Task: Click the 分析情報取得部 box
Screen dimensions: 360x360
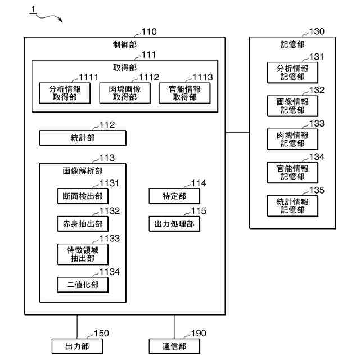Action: pyautogui.click(x=65, y=93)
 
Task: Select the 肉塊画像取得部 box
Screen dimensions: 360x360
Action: pyautogui.click(x=124, y=93)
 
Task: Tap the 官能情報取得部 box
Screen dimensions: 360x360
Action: pyautogui.click(x=184, y=93)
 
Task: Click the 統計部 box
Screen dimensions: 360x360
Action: pyautogui.click(x=83, y=137)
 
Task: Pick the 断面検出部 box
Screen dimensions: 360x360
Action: pyautogui.click(x=83, y=196)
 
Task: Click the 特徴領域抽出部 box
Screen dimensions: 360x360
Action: pyautogui.click(x=83, y=254)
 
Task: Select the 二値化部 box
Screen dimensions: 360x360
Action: pyautogui.click(x=83, y=285)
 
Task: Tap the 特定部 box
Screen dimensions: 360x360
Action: pyautogui.click(x=174, y=196)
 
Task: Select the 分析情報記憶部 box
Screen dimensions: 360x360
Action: pyautogui.click(x=292, y=73)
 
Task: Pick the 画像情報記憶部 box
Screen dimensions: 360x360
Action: pyautogui.click(x=292, y=106)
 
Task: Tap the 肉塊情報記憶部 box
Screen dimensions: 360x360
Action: pyautogui.click(x=292, y=139)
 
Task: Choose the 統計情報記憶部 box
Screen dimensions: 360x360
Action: pyautogui.click(x=292, y=205)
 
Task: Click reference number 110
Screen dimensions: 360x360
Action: pyautogui.click(x=149, y=32)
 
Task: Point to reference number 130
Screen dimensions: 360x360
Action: pyautogui.click(x=317, y=32)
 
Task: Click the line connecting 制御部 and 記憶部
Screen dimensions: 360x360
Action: pyautogui.click(x=237, y=133)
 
